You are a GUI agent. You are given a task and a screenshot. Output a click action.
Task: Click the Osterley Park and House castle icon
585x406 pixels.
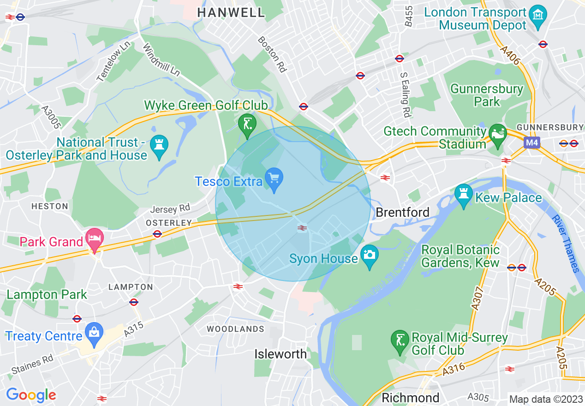(159, 147)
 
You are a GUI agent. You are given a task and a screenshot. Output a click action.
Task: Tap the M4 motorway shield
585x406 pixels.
(531, 143)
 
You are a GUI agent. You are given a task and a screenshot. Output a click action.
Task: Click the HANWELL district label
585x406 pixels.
(231, 13)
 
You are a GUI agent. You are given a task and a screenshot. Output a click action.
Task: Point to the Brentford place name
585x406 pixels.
(402, 212)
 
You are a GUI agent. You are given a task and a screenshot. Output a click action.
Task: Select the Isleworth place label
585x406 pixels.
(281, 354)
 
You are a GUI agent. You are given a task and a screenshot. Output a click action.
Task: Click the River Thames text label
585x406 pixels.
(565, 243)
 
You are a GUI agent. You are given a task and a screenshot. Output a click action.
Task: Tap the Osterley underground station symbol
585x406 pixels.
(157, 234)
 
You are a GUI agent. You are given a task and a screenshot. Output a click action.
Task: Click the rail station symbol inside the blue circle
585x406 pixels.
(302, 227)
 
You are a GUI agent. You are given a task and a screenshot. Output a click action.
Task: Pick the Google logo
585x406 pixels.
(31, 395)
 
